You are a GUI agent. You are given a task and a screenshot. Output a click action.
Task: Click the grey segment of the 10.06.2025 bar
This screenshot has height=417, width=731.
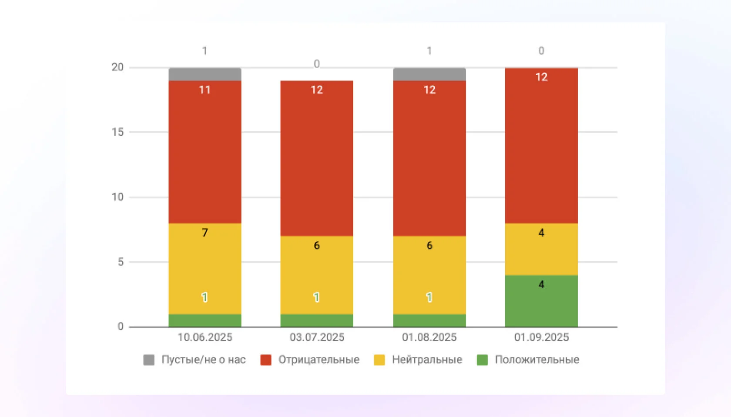tap(205, 74)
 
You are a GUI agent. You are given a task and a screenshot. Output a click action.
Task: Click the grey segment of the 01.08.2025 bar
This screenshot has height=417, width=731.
tap(429, 74)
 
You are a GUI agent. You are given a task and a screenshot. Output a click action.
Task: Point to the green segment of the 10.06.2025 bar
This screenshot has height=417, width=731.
tap(205, 320)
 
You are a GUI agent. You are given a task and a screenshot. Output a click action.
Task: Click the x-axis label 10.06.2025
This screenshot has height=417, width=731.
tap(205, 337)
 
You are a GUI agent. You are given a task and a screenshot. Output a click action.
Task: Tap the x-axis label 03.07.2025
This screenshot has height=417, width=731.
tap(317, 337)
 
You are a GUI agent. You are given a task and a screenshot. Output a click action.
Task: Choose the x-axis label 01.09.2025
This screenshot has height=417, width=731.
tap(541, 337)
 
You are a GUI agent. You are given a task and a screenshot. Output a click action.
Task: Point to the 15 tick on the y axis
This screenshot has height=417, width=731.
tap(118, 132)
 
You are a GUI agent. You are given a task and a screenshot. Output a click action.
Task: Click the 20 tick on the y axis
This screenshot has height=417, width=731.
tap(118, 67)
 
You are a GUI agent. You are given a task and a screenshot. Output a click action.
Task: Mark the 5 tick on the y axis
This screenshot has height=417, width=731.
tap(121, 262)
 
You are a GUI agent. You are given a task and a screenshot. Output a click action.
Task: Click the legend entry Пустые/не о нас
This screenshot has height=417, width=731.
tap(203, 360)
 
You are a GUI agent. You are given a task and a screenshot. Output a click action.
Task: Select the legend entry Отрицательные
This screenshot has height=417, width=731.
tap(319, 360)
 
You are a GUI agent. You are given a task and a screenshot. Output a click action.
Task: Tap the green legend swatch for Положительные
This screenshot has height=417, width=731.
tap(482, 360)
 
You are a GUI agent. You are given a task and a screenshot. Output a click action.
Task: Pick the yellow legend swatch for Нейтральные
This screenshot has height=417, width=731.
tap(379, 360)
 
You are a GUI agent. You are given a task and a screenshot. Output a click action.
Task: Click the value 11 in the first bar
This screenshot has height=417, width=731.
tap(205, 90)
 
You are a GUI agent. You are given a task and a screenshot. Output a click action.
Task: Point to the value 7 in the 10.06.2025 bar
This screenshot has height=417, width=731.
tap(205, 233)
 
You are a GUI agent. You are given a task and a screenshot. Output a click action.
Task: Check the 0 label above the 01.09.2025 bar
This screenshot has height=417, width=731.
tap(541, 51)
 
